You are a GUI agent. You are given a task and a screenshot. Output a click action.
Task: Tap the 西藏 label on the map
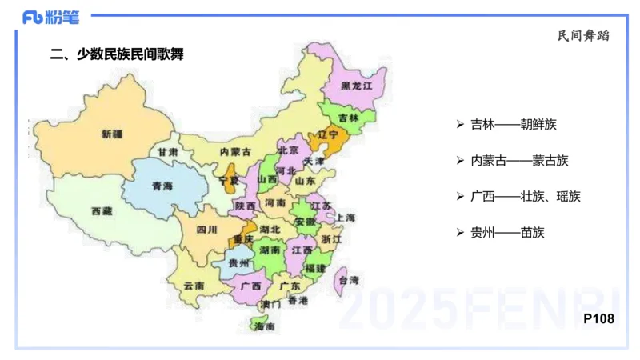(x=102, y=211)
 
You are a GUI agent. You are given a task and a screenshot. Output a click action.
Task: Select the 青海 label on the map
(x=162, y=186)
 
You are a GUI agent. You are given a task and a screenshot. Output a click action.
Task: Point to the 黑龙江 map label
(x=357, y=85)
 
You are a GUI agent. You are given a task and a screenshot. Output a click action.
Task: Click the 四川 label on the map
(x=206, y=230)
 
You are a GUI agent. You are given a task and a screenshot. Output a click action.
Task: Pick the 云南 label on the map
(x=194, y=285)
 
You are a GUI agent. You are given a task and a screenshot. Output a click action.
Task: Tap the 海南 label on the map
(x=264, y=326)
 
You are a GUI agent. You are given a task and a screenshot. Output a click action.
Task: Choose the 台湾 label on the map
(x=349, y=280)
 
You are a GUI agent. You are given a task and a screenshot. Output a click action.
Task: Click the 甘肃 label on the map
(x=167, y=151)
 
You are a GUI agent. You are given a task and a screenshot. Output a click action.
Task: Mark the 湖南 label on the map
(x=270, y=250)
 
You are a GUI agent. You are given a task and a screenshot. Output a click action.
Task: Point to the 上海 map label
(x=346, y=218)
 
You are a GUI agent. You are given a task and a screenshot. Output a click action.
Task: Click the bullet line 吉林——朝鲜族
(x=512, y=125)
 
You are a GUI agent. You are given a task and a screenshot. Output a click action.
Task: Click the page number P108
(x=598, y=318)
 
